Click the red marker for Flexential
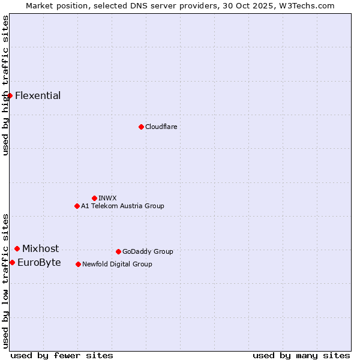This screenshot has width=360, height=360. point(10,95)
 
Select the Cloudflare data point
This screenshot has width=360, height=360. point(141,127)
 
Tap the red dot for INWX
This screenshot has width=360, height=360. point(94,198)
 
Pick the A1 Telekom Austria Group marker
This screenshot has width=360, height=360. point(77,206)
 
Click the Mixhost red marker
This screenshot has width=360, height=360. point(17,248)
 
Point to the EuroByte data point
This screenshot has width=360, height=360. point(12,262)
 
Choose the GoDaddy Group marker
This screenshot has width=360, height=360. point(118,251)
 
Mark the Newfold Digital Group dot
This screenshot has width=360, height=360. point(78,264)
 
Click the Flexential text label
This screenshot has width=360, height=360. point(38,95)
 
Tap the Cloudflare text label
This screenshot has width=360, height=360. point(161,127)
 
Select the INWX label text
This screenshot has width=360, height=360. point(107,198)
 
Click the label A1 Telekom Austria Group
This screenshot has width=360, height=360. point(122,206)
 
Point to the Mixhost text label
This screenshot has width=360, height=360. point(41,248)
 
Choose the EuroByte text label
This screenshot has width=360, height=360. point(39,262)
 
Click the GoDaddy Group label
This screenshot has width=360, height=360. point(148,251)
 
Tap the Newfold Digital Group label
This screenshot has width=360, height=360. point(117,264)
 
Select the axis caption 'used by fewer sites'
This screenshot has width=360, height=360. point(62,355)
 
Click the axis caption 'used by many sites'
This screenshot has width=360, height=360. point(301,355)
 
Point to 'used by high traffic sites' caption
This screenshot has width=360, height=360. point(5,85)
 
